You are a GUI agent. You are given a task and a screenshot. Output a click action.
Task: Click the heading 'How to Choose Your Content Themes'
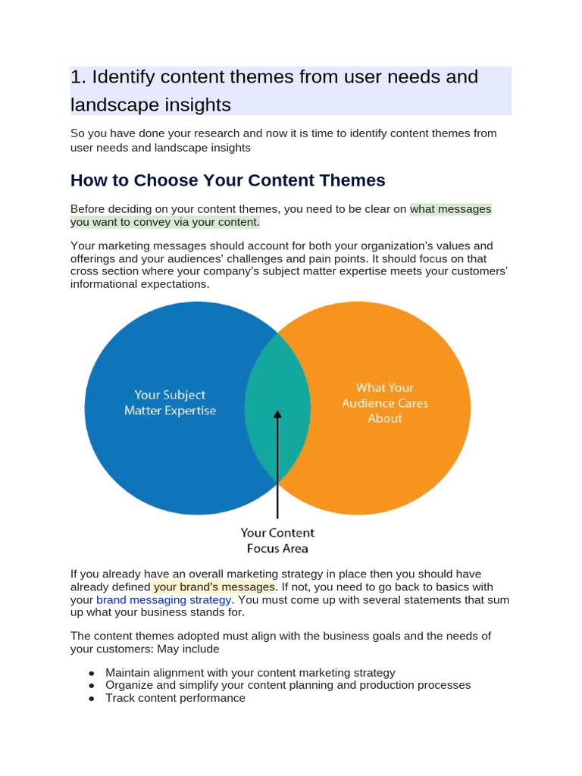point(227,180)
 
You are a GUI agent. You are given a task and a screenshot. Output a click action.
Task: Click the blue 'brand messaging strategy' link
point(164,599)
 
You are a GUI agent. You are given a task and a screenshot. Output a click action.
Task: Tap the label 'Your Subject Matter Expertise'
point(170,402)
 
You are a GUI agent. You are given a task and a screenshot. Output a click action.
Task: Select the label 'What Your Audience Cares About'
point(385,402)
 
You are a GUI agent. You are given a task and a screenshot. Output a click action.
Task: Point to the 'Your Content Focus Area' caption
point(277,540)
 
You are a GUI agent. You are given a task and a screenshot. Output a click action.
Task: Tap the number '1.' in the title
point(80,77)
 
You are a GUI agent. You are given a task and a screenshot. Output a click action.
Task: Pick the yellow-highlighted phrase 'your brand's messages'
point(214,587)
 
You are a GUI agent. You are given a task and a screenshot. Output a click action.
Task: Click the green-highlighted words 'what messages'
point(451,208)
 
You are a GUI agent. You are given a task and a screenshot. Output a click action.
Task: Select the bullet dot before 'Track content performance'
point(92,699)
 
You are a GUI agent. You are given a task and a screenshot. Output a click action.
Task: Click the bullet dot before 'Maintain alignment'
point(92,673)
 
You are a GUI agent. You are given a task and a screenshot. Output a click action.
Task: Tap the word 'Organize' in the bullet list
point(130,685)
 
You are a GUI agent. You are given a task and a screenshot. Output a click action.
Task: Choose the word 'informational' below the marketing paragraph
point(105,284)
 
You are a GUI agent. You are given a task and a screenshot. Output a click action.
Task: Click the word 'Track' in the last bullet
point(120,698)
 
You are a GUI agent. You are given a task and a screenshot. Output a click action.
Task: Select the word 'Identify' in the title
point(123,77)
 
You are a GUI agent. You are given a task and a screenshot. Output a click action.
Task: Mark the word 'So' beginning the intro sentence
point(77,133)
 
